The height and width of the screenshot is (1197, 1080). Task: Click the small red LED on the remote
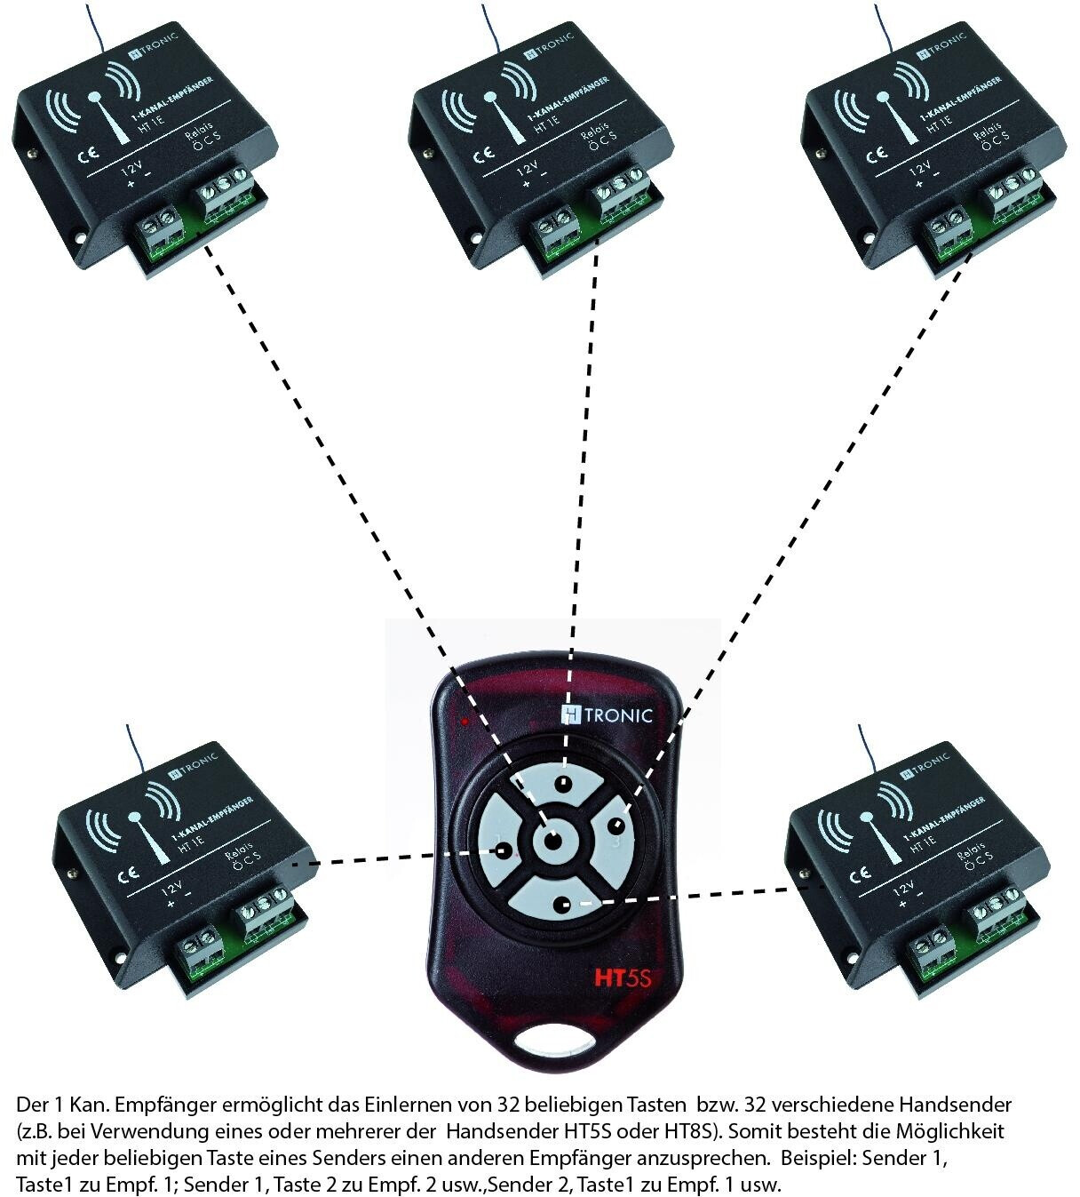(465, 721)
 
